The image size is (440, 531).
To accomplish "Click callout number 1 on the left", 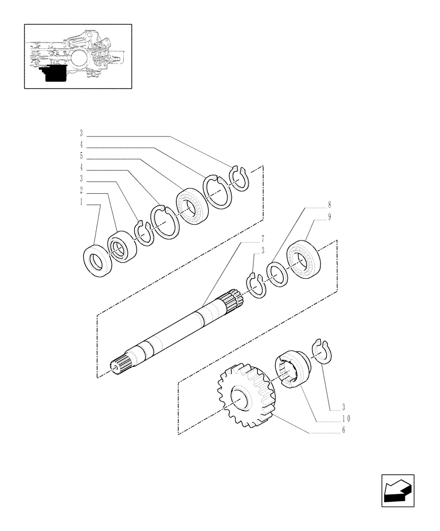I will (81, 202).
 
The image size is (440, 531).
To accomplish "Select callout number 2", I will (81, 190).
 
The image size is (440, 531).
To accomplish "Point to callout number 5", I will (81, 156).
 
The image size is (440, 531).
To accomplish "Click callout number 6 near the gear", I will (344, 430).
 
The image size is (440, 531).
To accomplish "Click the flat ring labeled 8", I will (278, 274).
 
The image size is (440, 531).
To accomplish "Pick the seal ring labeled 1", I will (97, 260).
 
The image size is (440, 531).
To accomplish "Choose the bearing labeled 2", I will (122, 246).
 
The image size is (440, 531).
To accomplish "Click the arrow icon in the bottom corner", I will (397, 490).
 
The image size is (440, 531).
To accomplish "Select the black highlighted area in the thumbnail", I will (54, 73).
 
